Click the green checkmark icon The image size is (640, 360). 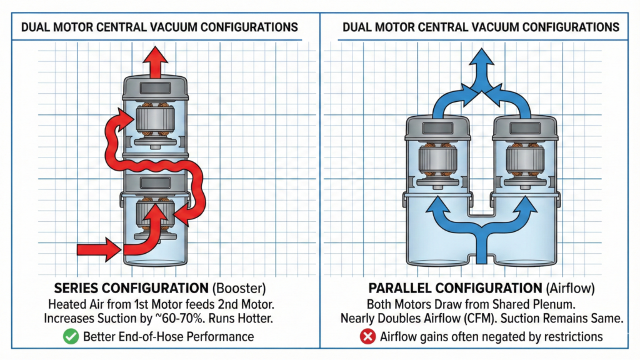pos(71,336)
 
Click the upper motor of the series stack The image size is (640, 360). pos(154,119)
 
